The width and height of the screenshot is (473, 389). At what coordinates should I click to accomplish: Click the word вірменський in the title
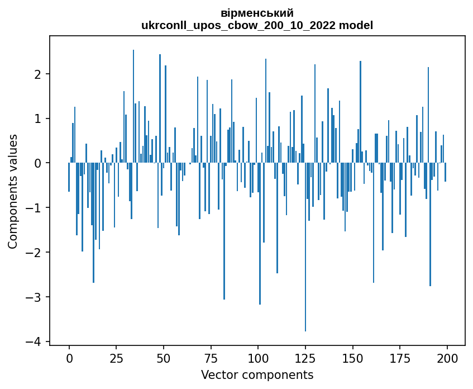pos(257,13)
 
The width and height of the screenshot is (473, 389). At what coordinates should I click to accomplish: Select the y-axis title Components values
pos(12,191)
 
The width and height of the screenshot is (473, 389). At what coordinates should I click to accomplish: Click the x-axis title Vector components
pos(257,374)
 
